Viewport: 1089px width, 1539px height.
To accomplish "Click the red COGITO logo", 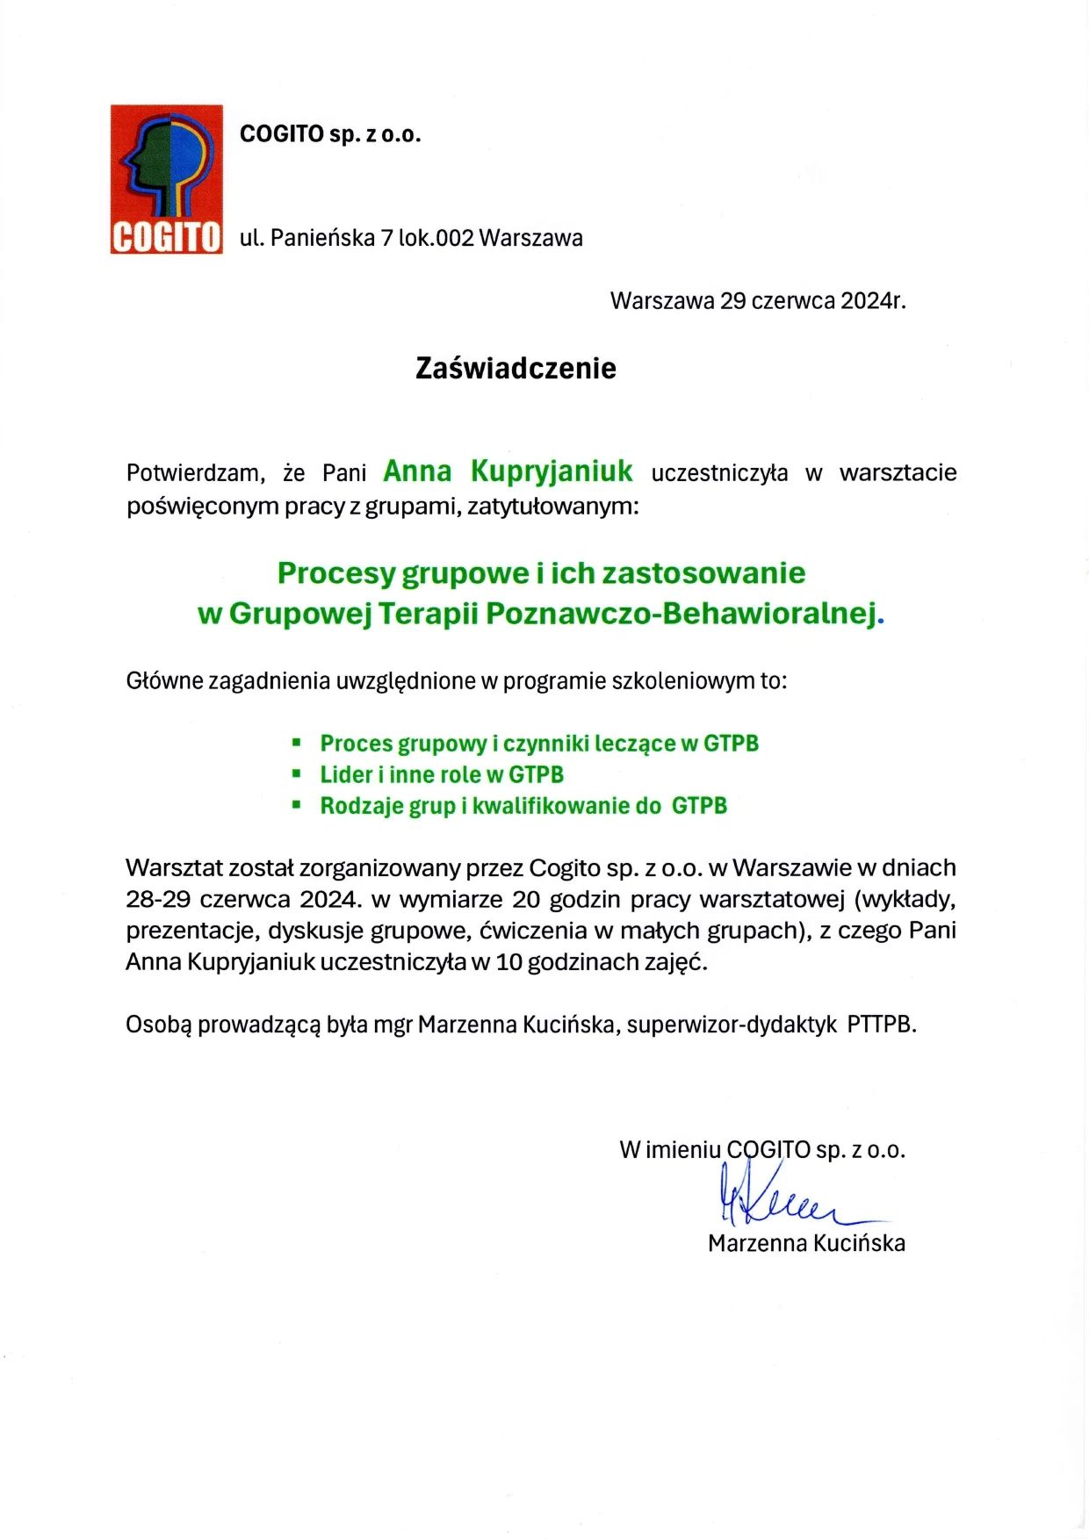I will pyautogui.click(x=166, y=180).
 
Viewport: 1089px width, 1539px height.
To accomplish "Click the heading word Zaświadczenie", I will pyautogui.click(x=516, y=368).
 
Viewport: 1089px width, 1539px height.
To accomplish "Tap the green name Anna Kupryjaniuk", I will pyautogui.click(x=508, y=471).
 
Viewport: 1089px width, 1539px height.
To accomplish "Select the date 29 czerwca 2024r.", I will pyautogui.click(x=812, y=301).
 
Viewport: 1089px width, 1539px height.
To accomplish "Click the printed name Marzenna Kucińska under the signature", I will pyautogui.click(x=806, y=1243).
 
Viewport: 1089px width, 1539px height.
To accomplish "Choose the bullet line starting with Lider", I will pyautogui.click(x=441, y=775).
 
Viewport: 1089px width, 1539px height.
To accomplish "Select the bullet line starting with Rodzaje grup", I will pyautogui.click(x=523, y=806).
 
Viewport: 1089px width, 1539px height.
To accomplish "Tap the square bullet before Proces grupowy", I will pyautogui.click(x=297, y=744).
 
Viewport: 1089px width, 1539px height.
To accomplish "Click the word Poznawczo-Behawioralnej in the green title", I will pyautogui.click(x=682, y=614).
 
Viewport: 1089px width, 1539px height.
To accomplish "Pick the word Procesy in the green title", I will pyautogui.click(x=335, y=573).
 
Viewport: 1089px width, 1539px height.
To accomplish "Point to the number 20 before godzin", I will pyautogui.click(x=525, y=900).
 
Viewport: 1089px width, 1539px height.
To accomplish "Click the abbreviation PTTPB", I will pyautogui.click(x=881, y=1025).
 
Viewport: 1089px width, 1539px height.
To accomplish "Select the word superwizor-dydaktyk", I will pyautogui.click(x=732, y=1025).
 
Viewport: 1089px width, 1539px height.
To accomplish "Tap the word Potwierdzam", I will pyautogui.click(x=195, y=473).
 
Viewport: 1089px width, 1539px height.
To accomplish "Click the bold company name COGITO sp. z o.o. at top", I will pyautogui.click(x=330, y=134).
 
